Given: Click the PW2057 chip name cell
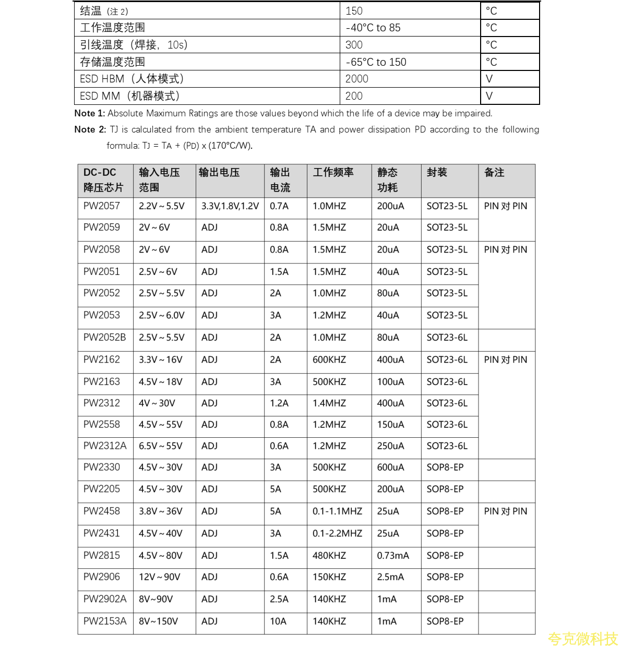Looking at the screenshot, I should pos(102,206).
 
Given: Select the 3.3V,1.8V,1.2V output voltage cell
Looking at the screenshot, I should pos(230,206).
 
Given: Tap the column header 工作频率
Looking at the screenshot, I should pos(333,172).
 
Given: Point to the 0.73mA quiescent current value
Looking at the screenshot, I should pos(393,556).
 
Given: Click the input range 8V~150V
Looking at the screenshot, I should pos(158,621).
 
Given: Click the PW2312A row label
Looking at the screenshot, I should pos(105,446).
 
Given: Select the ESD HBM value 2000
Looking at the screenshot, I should pos(357,79).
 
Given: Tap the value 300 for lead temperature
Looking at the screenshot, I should pos(354,45).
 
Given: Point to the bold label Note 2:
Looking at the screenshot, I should pos(90,129).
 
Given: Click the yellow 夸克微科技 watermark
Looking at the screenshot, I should pos(582,639).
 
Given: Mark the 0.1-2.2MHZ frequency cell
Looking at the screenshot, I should pos(337,533).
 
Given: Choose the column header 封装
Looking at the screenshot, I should pos(437,172).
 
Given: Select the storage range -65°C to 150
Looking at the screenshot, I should pos(376,62).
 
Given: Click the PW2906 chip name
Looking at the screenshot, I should pos(102,577).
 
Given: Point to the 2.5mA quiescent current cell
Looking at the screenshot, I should pos(390,577).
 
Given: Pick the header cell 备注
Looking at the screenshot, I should pos(494,172).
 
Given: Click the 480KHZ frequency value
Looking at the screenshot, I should pos(329,556).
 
